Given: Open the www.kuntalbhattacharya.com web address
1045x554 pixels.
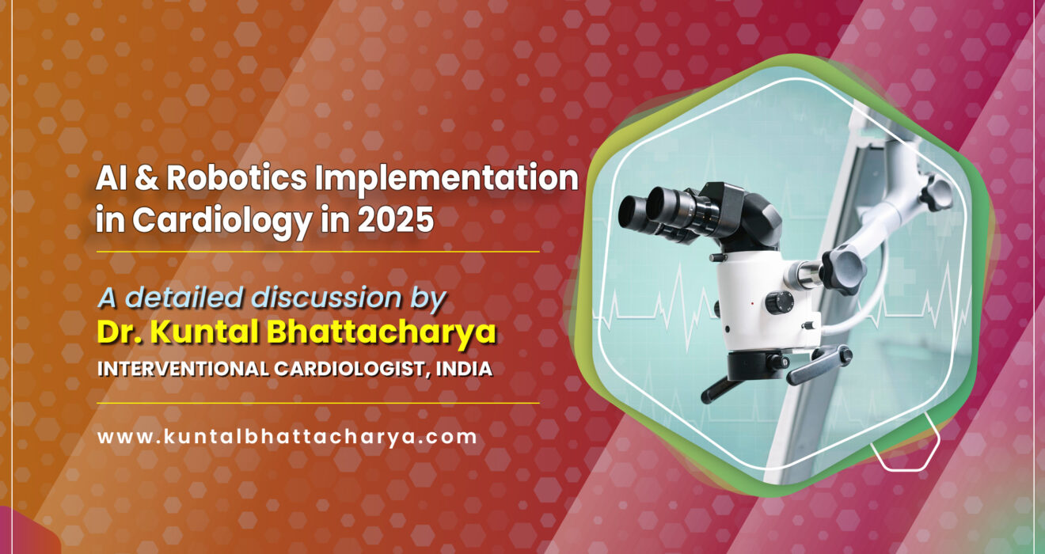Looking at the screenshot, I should coord(287,436).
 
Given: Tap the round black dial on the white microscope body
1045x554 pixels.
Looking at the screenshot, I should coord(781,302).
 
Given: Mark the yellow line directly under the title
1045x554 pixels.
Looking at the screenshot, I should coord(317,252).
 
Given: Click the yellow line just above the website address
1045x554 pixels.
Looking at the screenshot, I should coord(317,403).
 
